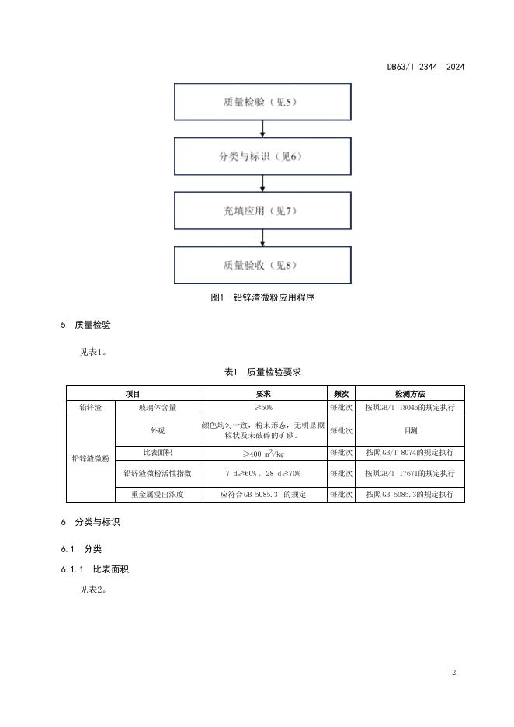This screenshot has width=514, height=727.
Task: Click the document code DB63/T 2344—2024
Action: [x=425, y=67]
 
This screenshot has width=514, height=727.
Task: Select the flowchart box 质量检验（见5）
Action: [x=263, y=103]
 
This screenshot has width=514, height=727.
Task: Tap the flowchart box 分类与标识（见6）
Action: [x=263, y=156]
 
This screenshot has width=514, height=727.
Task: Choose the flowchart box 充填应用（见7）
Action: [x=263, y=210]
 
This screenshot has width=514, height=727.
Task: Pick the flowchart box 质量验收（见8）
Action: [x=263, y=265]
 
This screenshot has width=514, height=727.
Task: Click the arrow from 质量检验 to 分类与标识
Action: [x=263, y=130]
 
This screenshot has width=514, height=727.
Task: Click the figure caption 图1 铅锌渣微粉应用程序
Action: [x=262, y=297]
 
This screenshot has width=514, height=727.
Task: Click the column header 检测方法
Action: [x=409, y=394]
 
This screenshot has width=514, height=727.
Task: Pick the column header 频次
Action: [x=341, y=394]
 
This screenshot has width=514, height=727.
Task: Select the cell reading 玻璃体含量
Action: [x=157, y=407]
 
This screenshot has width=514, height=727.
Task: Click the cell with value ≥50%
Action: [x=263, y=407]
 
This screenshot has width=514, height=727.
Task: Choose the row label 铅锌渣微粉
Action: [x=90, y=458]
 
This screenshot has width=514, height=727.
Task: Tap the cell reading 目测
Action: [x=409, y=430]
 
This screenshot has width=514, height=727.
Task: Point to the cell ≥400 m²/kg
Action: [x=263, y=452]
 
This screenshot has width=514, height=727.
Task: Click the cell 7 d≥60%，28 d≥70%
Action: [x=263, y=472]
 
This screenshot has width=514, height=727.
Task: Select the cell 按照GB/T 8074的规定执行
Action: [x=409, y=452]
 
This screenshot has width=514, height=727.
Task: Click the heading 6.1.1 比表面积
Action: [x=95, y=569]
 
